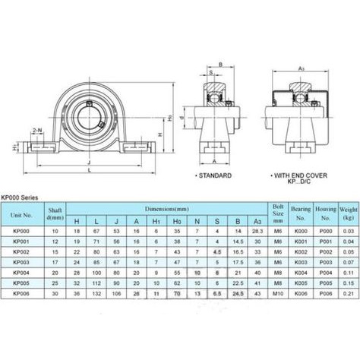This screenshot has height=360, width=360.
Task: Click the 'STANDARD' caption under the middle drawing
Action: pos(216,175)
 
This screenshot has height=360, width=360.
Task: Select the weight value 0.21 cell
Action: pos(347,292)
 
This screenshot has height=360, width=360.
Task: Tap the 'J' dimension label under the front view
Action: pos(91,163)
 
